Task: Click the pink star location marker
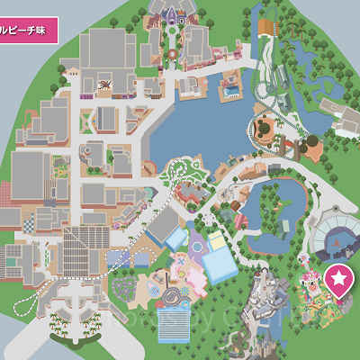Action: click(339, 279)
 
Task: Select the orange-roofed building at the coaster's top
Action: click(267, 28)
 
